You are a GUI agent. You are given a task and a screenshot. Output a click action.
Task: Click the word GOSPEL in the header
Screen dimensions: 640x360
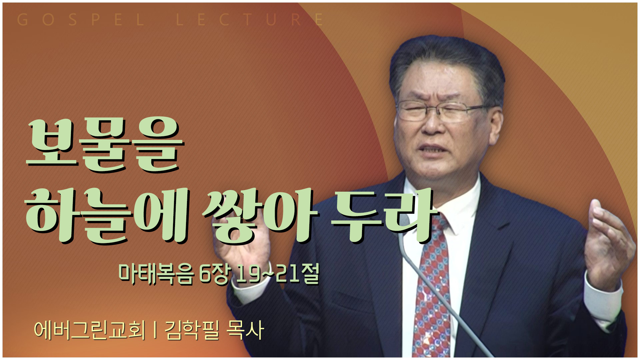[80, 20]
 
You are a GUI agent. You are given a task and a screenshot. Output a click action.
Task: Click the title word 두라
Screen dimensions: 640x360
[383, 215]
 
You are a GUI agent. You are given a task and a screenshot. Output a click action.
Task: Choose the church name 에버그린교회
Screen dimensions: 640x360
[90, 330]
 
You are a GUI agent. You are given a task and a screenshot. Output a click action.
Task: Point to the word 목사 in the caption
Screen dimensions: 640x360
[245, 330]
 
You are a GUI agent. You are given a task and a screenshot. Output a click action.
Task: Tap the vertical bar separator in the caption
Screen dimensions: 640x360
[155, 330]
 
